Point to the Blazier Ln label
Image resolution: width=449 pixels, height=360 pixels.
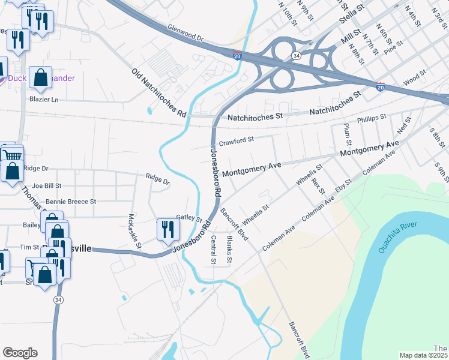coord(45,99)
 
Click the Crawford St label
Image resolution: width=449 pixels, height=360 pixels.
coord(237,142)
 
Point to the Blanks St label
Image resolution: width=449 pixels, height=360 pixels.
coord(229,249)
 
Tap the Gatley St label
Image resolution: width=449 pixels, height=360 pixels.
coord(190,218)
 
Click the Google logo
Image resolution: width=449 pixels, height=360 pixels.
coord(20,353)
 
